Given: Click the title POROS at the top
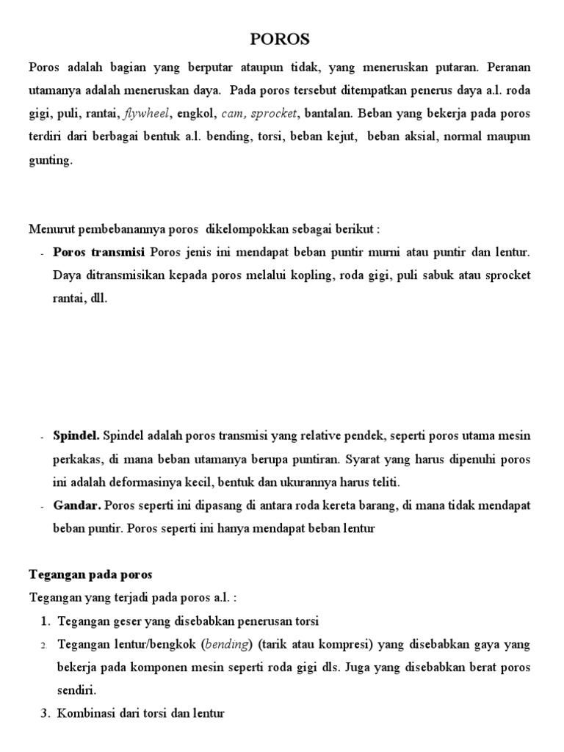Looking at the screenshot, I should coord(281,39).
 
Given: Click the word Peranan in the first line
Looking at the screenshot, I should coord(508,67).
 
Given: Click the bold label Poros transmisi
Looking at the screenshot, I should coord(99,253).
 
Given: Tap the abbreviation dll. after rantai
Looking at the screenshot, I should coord(98,300).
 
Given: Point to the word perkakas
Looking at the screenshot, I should coord(77,459).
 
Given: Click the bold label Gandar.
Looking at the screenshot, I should coord(77,505).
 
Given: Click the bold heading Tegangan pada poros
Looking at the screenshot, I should coord(90,574).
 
